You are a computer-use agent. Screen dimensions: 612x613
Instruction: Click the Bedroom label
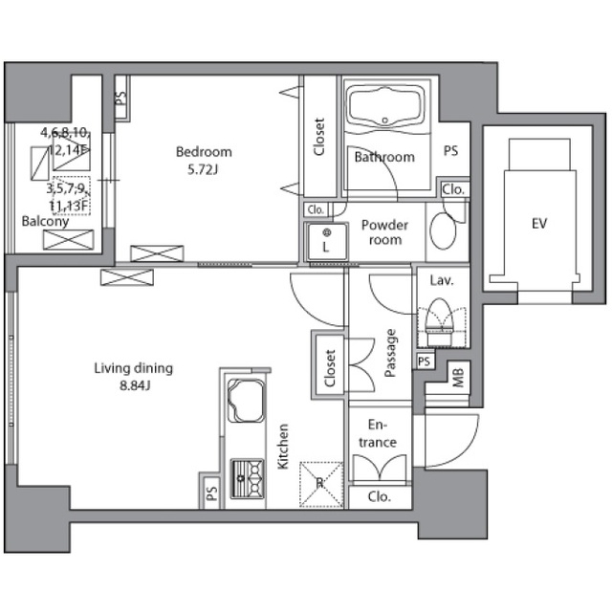[x=204, y=152]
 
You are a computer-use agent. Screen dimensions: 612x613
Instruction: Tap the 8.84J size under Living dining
[x=135, y=385]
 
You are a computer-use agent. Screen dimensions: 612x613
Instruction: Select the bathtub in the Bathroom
[x=385, y=107]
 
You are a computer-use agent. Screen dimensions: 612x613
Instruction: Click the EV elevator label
[x=539, y=223]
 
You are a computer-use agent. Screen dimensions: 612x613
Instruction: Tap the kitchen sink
[x=246, y=400]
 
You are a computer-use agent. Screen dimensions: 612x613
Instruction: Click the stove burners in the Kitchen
[x=247, y=478]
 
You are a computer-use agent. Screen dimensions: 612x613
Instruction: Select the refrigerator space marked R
[x=321, y=484]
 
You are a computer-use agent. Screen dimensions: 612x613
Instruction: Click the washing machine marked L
[x=327, y=241]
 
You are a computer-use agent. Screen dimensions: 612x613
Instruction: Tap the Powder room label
[x=385, y=232]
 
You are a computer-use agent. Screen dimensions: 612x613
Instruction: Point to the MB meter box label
[x=458, y=378]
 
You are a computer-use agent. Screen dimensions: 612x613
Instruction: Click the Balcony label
[x=45, y=222]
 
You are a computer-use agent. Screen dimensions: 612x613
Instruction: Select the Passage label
[x=390, y=353]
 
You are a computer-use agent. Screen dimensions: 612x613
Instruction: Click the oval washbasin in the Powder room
[x=443, y=230]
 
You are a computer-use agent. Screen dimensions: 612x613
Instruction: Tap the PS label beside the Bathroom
[x=451, y=150]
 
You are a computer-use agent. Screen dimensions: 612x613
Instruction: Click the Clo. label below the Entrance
[x=379, y=497]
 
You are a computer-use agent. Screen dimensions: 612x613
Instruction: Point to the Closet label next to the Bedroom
[x=319, y=137]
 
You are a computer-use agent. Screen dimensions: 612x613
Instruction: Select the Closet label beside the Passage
[x=330, y=368]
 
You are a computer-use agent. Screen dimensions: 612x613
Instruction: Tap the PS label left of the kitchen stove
[x=212, y=493]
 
